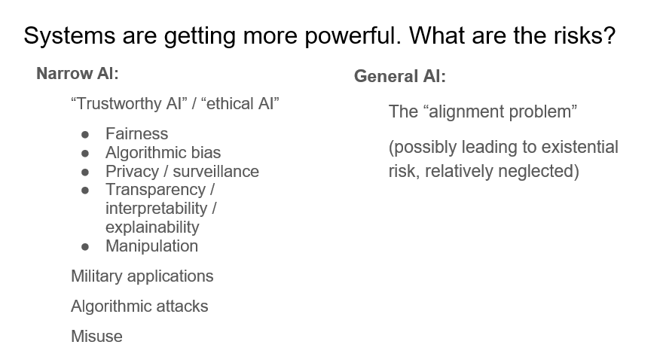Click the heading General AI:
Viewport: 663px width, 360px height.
(x=399, y=76)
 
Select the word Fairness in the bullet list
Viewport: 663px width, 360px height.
(x=136, y=134)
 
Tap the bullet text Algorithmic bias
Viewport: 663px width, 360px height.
(x=163, y=153)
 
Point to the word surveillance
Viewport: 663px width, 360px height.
(x=215, y=172)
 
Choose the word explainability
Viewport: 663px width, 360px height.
(x=152, y=227)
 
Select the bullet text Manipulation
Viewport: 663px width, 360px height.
(x=151, y=246)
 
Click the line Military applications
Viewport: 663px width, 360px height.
(x=142, y=276)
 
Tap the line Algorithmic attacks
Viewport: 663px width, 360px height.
(x=139, y=307)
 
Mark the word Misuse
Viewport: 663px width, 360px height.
(x=96, y=337)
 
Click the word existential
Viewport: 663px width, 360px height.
(x=576, y=147)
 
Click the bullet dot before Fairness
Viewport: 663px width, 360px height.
(x=86, y=135)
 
